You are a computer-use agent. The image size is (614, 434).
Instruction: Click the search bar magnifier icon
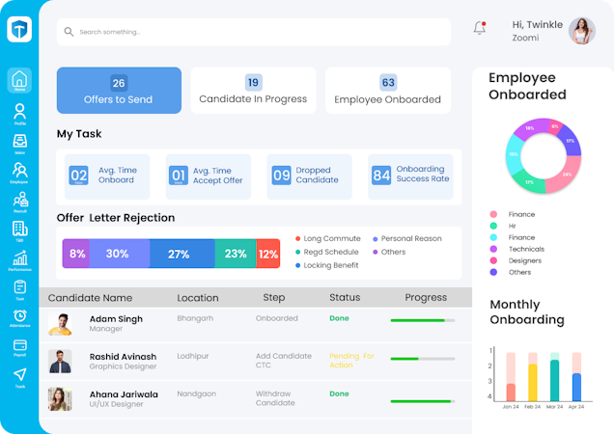coord(69,32)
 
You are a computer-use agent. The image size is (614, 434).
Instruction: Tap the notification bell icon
coord(479,28)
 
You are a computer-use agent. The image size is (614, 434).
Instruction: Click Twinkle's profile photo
coord(582,31)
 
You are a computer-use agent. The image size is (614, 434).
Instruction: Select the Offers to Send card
coord(119,91)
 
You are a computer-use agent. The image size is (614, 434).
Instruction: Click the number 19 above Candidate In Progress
coord(253,83)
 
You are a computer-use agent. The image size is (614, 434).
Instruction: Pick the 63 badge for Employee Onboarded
coord(388,83)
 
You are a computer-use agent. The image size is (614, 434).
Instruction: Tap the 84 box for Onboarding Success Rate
coord(381,176)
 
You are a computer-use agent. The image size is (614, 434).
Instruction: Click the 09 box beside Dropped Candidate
coord(281,176)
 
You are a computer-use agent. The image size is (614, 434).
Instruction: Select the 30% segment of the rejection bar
coord(117,254)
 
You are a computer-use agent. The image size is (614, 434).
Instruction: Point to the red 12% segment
coord(268,254)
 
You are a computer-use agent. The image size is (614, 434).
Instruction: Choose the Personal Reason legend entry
coord(410,238)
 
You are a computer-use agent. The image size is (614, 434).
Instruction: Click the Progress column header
coord(426,298)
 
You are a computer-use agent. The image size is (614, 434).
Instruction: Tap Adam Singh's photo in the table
coord(60,323)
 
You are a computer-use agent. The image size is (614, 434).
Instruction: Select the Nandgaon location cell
coord(196,393)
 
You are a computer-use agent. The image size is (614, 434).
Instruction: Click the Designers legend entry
coord(524,260)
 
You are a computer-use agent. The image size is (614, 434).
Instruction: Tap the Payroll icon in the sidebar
coord(19,346)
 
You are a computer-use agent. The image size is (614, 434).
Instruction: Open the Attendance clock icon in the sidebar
coord(19,316)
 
